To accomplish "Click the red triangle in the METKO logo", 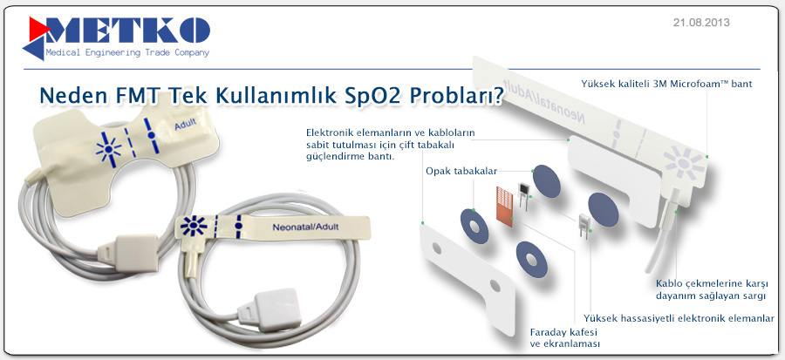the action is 38,29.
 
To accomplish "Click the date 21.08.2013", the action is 701,23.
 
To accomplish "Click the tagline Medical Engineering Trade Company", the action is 127,52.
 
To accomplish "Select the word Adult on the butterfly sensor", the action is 185,125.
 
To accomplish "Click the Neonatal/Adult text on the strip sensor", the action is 305,227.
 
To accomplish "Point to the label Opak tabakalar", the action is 461,172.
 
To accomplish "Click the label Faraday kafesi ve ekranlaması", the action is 564,337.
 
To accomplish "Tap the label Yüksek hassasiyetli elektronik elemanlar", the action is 679,318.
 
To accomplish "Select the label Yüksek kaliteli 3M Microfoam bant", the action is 666,84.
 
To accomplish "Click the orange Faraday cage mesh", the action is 505,206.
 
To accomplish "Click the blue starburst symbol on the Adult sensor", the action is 109,149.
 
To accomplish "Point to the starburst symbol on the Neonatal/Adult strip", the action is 194,226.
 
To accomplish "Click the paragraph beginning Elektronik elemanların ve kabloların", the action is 391,145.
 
